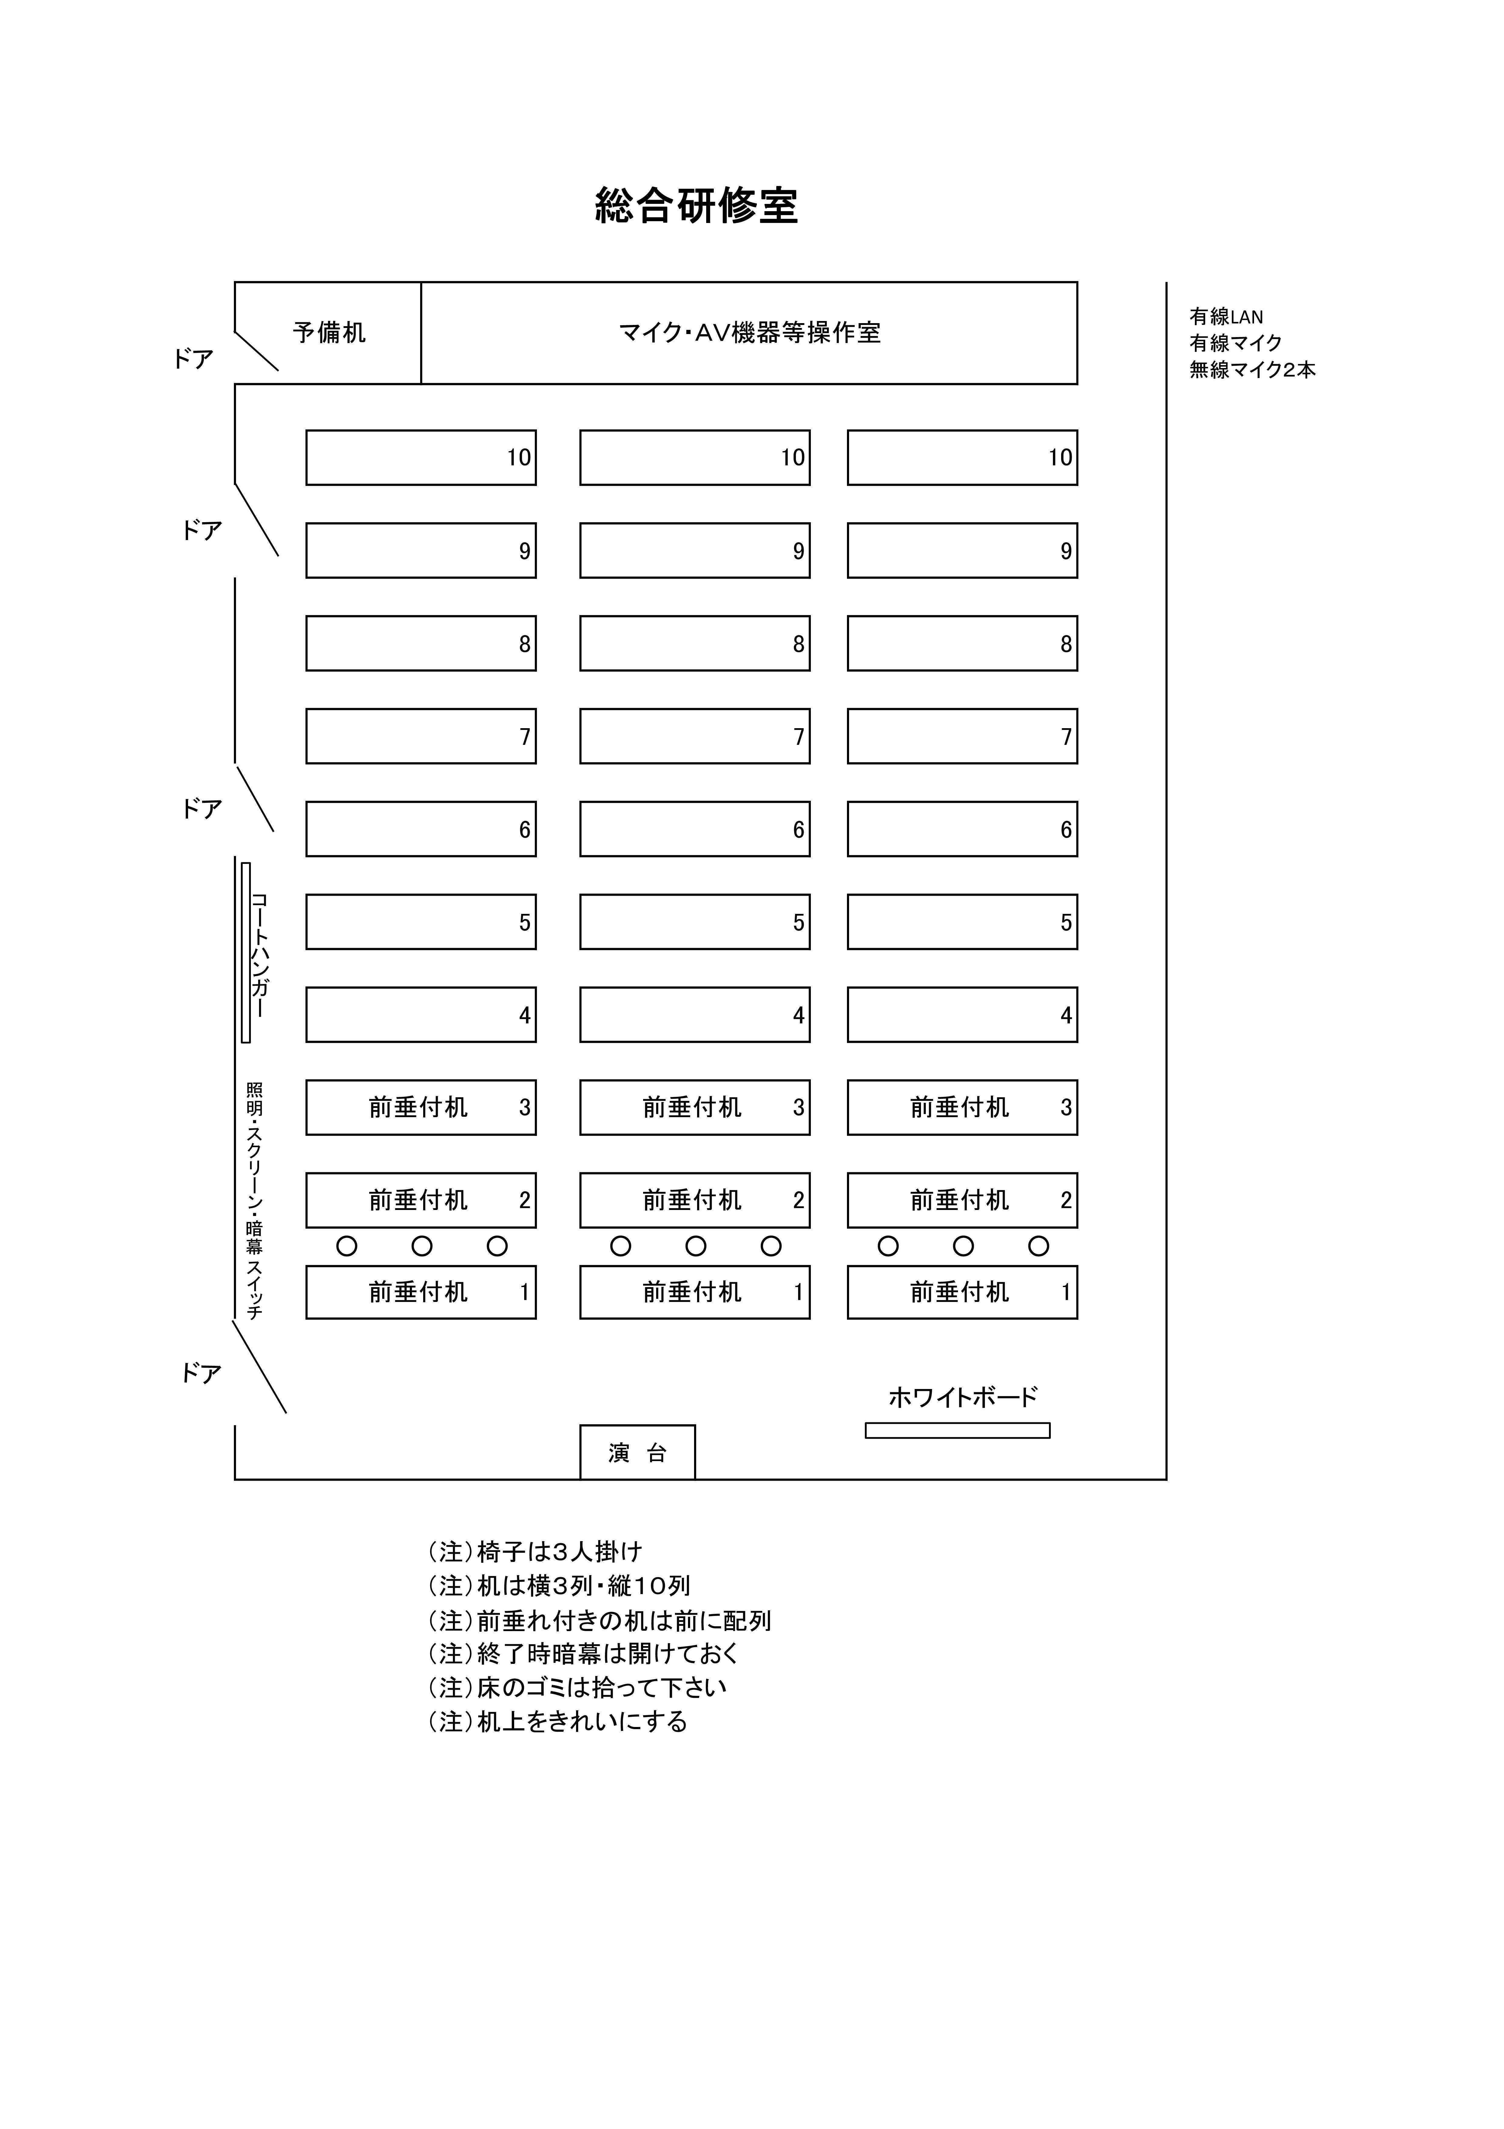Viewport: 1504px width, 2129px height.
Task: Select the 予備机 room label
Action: (x=329, y=332)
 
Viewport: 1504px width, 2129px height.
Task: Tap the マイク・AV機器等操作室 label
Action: (x=749, y=332)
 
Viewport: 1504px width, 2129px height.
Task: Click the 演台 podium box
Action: (x=638, y=1452)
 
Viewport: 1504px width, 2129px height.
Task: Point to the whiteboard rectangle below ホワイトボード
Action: (x=958, y=1430)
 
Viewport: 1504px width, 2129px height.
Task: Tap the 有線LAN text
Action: (x=1226, y=317)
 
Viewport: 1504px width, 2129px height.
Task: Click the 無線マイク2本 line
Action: (x=1253, y=370)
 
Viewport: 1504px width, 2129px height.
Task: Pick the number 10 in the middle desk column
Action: (x=793, y=457)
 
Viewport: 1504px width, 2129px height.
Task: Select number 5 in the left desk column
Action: (x=525, y=923)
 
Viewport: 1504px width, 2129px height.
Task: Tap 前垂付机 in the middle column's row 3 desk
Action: (x=693, y=1107)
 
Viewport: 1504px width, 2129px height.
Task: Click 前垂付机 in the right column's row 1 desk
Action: (x=960, y=1292)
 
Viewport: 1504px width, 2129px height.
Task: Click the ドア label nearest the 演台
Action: (x=201, y=1373)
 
